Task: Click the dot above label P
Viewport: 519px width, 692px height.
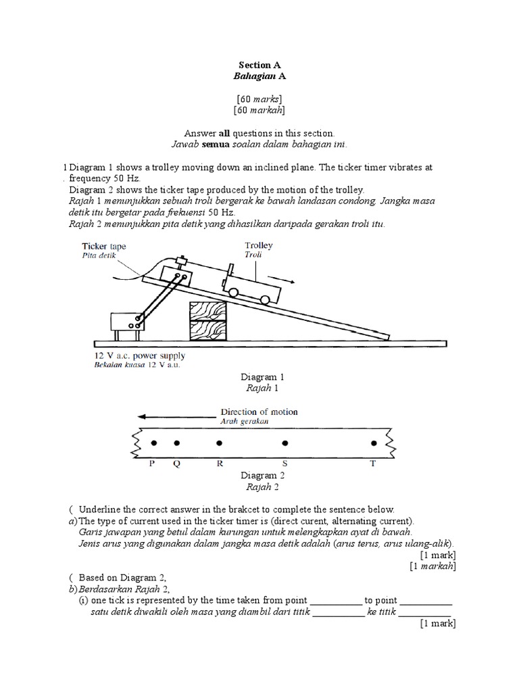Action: coord(153,443)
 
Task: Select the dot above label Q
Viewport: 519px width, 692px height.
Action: coord(177,443)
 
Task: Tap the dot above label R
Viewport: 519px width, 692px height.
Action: coord(219,443)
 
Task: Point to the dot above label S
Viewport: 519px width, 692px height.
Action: coord(285,443)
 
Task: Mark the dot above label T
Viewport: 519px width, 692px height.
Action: coord(374,443)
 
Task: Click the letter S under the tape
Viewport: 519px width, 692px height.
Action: coord(285,464)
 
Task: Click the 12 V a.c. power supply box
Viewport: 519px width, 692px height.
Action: coord(125,322)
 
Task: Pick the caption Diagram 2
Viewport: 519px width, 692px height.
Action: coord(259,476)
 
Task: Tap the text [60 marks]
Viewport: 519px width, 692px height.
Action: coord(259,99)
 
